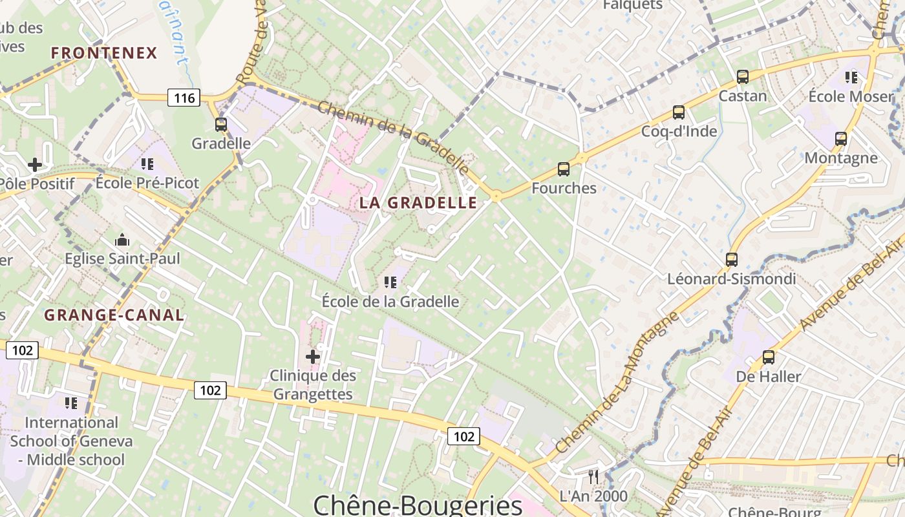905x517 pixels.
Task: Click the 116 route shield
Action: [184, 98]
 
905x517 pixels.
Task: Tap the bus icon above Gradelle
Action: [221, 125]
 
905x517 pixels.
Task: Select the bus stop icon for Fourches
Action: [564, 169]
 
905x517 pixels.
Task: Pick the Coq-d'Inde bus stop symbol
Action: [679, 112]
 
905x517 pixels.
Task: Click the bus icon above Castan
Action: [743, 77]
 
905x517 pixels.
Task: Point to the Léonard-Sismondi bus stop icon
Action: [732, 260]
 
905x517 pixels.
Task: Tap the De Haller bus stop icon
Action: [769, 357]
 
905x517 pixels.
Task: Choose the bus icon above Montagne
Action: [841, 139]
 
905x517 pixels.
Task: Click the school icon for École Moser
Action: [851, 78]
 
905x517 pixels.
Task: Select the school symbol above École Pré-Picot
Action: [147, 164]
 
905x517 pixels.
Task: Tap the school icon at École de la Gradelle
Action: [390, 282]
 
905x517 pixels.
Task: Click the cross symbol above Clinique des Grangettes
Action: [313, 356]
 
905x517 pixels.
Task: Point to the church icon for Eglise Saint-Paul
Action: [122, 240]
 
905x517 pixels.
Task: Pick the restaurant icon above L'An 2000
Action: [593, 477]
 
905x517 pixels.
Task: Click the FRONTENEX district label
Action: [104, 53]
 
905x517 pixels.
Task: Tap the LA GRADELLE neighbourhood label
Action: [418, 203]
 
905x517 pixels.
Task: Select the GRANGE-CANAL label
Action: [114, 315]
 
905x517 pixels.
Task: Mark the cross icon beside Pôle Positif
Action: [35, 165]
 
